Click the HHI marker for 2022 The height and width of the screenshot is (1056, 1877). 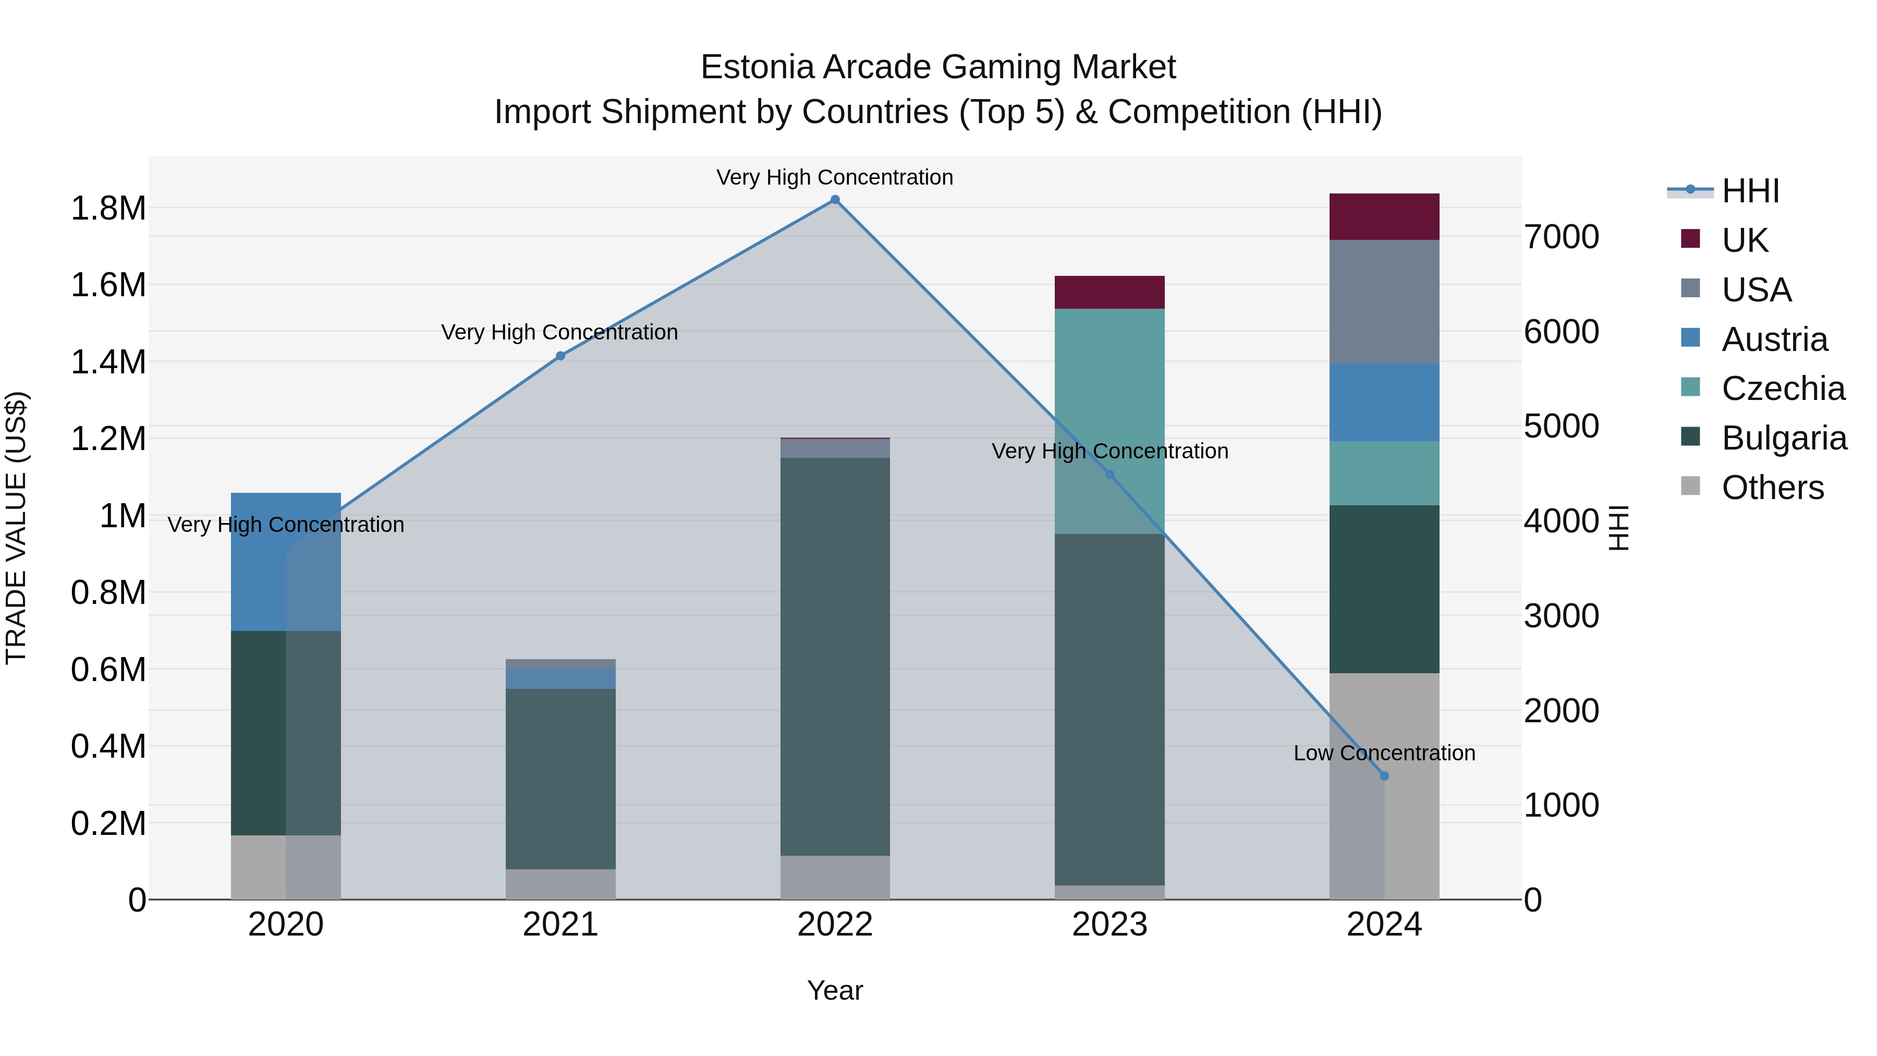pyautogui.click(x=835, y=200)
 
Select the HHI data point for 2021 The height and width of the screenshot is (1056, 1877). pyautogui.click(x=560, y=356)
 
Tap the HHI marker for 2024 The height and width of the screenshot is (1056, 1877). pyautogui.click(x=1384, y=776)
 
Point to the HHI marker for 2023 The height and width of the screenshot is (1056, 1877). pyautogui.click(x=1110, y=475)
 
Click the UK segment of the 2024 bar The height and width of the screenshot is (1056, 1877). pyautogui.click(x=1384, y=216)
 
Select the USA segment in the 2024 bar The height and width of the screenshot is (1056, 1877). pyautogui.click(x=1384, y=302)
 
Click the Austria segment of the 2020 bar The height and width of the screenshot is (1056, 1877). pyautogui.click(x=286, y=561)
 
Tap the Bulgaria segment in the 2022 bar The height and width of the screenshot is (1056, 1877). pyautogui.click(x=835, y=656)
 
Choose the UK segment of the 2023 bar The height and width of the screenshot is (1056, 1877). pyautogui.click(x=1110, y=292)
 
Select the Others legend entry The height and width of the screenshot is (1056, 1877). pyautogui.click(x=1772, y=488)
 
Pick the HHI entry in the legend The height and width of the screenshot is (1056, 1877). pyautogui.click(x=1750, y=191)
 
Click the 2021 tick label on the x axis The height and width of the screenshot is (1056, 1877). pyautogui.click(x=560, y=925)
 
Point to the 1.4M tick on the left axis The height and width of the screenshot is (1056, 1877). pyautogui.click(x=108, y=362)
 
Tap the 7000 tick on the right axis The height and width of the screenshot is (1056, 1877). pyautogui.click(x=1562, y=237)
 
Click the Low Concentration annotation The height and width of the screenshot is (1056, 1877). pyautogui.click(x=1384, y=753)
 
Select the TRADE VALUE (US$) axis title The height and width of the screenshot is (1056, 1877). pyautogui.click(x=16, y=528)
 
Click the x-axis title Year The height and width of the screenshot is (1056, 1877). pyautogui.click(x=835, y=990)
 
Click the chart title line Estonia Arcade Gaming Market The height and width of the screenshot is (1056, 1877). pyautogui.click(x=938, y=67)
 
